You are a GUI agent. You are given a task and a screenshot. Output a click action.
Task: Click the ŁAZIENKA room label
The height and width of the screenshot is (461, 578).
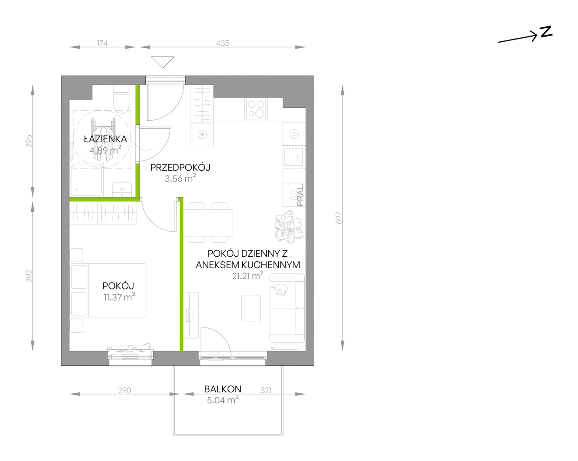pyautogui.click(x=105, y=139)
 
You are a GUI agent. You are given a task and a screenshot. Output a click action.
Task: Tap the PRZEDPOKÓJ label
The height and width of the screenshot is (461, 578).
pyautogui.click(x=180, y=167)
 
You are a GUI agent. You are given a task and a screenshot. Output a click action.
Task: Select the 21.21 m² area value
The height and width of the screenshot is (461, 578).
pyautogui.click(x=248, y=276)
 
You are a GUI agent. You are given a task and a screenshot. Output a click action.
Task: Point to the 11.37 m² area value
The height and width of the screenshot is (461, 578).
pyautogui.click(x=119, y=297)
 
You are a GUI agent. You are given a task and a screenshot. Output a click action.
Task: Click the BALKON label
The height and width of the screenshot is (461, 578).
pyautogui.click(x=223, y=389)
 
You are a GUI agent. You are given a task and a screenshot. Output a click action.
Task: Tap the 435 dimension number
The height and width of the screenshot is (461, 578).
pyautogui.click(x=223, y=43)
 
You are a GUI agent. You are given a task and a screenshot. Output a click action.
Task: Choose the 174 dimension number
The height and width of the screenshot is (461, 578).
pyautogui.click(x=103, y=43)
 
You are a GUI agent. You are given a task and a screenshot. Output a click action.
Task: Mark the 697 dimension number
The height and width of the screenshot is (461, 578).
pyautogui.click(x=339, y=218)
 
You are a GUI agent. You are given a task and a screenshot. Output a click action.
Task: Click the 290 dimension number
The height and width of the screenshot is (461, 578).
pyautogui.click(x=125, y=390)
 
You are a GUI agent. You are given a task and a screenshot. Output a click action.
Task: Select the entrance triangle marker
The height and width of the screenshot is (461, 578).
pyautogui.click(x=163, y=62)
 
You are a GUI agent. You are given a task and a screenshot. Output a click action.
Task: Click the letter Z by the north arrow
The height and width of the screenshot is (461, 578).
pyautogui.click(x=546, y=32)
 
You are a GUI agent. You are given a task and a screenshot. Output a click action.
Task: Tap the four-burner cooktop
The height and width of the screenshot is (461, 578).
pyautogui.click(x=256, y=109)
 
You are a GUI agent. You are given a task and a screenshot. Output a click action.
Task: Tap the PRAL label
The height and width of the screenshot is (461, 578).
pyautogui.click(x=300, y=196)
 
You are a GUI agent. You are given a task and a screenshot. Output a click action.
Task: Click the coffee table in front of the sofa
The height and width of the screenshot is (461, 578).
pyautogui.click(x=251, y=308)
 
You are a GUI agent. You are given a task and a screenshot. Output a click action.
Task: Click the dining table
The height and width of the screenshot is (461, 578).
pyautogui.click(x=208, y=223)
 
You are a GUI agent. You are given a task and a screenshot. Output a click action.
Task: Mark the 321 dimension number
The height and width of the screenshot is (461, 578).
pyautogui.click(x=266, y=390)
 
